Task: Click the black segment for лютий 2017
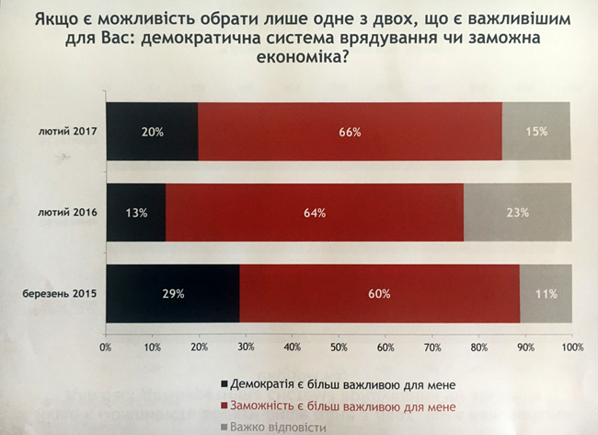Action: click(152, 132)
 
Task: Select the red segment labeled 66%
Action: click(350, 132)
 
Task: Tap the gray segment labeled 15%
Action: click(536, 132)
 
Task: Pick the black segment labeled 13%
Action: click(136, 213)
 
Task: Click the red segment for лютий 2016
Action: click(314, 213)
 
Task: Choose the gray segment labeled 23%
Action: click(517, 213)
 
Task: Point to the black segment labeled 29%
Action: click(173, 294)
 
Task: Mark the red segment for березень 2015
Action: click(379, 294)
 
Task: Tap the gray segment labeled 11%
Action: click(546, 294)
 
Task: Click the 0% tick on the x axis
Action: click(106, 347)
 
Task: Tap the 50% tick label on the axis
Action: click(339, 347)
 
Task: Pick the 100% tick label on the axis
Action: click(571, 347)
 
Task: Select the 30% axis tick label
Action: click(246, 347)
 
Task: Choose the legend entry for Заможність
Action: click(340, 406)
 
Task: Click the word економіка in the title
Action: click(299, 57)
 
